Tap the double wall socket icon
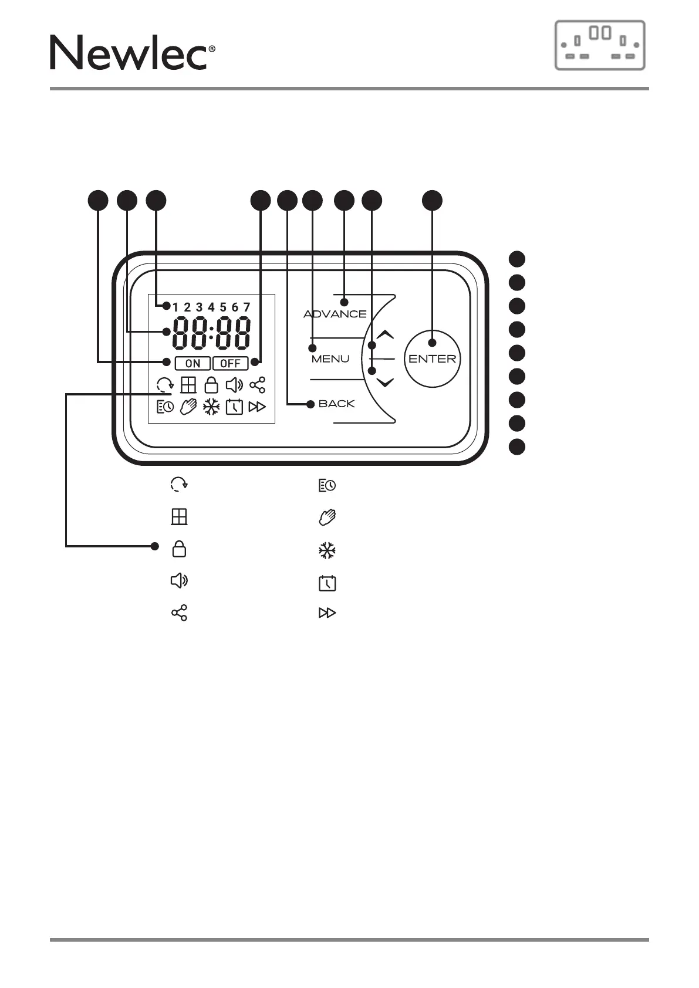coord(600,45)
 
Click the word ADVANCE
coord(335,314)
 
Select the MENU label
coord(330,359)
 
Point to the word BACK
coord(336,404)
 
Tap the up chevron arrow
coord(385,335)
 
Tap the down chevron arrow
coord(385,383)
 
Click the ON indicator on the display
coord(193,363)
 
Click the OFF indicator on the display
coord(230,363)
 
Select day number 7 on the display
coord(246,307)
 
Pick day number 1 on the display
coord(175,307)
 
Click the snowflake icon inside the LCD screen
coord(211,407)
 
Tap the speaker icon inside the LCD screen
coord(234,385)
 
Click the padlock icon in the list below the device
coord(179,549)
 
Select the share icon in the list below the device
coord(179,613)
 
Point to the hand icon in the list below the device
coord(327,517)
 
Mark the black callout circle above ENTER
coord(433,200)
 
